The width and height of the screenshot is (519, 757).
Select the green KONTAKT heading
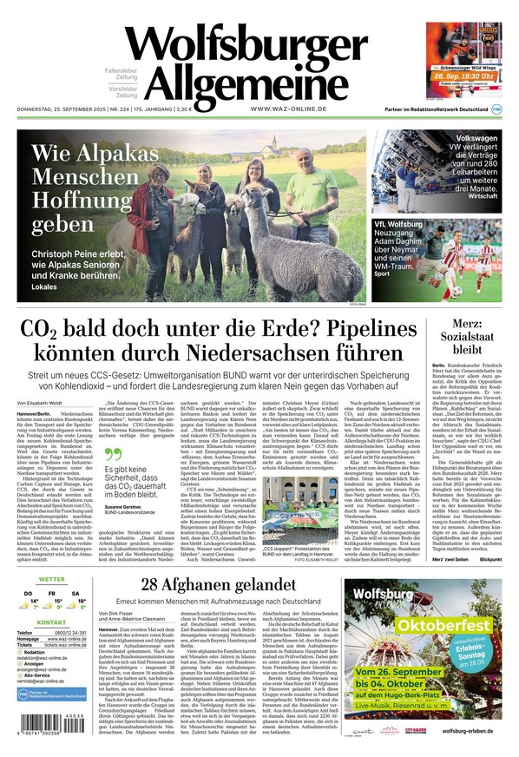pyautogui.click(x=51, y=622)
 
